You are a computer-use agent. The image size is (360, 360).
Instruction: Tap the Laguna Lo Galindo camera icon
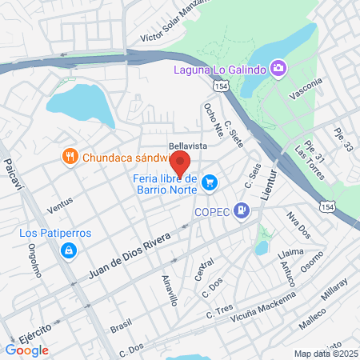(x=278, y=68)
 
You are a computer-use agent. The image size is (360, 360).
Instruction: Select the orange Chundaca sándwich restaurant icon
(x=70, y=156)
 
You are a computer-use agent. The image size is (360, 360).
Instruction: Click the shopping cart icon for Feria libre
(x=210, y=184)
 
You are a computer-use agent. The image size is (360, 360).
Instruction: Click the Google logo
(x=26, y=350)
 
